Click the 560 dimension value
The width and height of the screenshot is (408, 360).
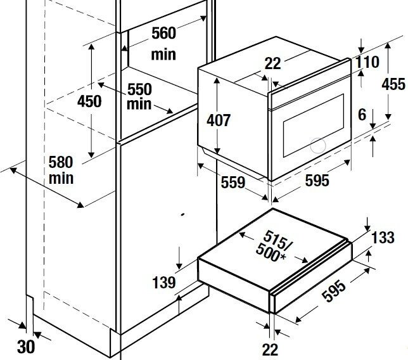coord(163,34)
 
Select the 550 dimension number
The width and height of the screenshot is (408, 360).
coord(139,89)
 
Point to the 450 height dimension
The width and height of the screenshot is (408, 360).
coord(89,101)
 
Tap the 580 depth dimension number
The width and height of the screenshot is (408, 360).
coord(61,162)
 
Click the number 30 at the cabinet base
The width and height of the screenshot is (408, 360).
coord(26,347)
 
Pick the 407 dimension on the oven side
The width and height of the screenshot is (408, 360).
coord(219,120)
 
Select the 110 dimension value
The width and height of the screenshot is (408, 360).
coord(367,62)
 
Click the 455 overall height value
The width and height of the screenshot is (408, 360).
coord(393,84)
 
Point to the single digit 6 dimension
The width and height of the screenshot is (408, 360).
coord(362,115)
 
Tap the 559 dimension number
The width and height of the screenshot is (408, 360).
coord(233,182)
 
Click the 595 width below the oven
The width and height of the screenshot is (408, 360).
coord(317,181)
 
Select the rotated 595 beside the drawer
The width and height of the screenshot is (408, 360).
coord(334,291)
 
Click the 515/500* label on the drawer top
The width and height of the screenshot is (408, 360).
coord(274,247)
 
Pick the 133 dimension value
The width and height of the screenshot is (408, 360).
coord(383,238)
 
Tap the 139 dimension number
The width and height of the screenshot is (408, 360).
coord(163,283)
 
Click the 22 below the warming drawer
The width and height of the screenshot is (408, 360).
coord(270,350)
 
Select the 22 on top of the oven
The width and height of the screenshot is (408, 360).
coord(273,63)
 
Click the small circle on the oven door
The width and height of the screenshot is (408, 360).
coord(317,145)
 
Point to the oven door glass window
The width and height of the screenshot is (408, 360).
coord(314,125)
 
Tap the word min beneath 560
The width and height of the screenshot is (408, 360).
coord(163,55)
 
